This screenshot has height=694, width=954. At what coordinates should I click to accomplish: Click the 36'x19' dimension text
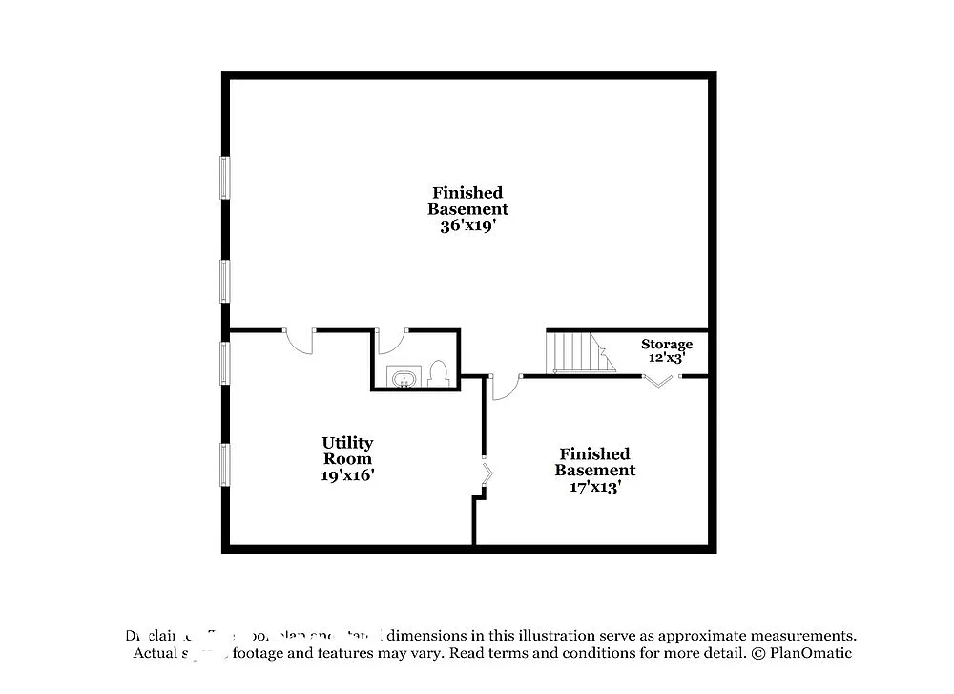(467, 226)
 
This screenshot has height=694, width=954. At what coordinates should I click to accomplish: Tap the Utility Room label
(347, 451)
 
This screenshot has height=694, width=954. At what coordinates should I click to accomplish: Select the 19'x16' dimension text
(347, 474)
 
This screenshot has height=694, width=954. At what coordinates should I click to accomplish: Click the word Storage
(667, 344)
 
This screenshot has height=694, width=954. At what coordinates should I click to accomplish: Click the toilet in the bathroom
(439, 372)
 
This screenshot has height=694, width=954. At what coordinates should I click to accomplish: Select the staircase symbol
(577, 351)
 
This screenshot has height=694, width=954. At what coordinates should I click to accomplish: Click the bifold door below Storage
(658, 382)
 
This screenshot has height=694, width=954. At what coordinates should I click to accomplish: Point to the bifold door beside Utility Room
(487, 474)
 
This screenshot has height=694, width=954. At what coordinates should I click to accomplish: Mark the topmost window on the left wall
(225, 177)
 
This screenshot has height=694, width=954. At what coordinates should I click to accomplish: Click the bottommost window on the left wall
(225, 463)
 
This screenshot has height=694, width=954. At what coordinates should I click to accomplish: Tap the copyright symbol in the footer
(759, 654)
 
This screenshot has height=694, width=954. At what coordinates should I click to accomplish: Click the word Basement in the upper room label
(467, 209)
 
